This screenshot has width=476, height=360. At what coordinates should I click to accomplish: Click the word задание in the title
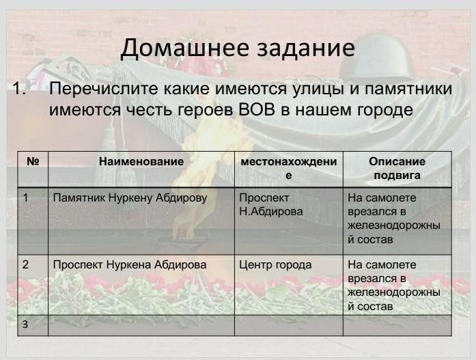point(306,49)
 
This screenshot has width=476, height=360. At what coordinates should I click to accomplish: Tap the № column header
point(33,161)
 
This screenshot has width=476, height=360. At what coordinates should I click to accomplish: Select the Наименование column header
point(141,161)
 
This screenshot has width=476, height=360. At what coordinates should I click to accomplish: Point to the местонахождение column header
point(289,168)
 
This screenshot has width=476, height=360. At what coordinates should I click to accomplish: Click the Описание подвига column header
point(397,168)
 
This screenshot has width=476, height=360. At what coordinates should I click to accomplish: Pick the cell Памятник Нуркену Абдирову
point(130,198)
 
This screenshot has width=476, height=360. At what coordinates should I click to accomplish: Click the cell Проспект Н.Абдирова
point(271,204)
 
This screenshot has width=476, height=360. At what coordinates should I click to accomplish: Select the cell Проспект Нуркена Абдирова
point(130,264)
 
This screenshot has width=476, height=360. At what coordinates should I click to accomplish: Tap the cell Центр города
point(275,264)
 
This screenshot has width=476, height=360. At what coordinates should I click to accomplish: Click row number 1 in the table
point(25,198)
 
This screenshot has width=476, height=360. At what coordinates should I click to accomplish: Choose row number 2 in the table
point(25,264)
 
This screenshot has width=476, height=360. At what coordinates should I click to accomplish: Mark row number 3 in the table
point(25,324)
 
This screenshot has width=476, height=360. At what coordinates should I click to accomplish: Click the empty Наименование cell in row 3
point(141,325)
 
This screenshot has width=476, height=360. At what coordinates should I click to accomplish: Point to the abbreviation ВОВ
point(257,110)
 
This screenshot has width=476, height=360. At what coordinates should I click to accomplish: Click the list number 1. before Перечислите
point(20,89)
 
